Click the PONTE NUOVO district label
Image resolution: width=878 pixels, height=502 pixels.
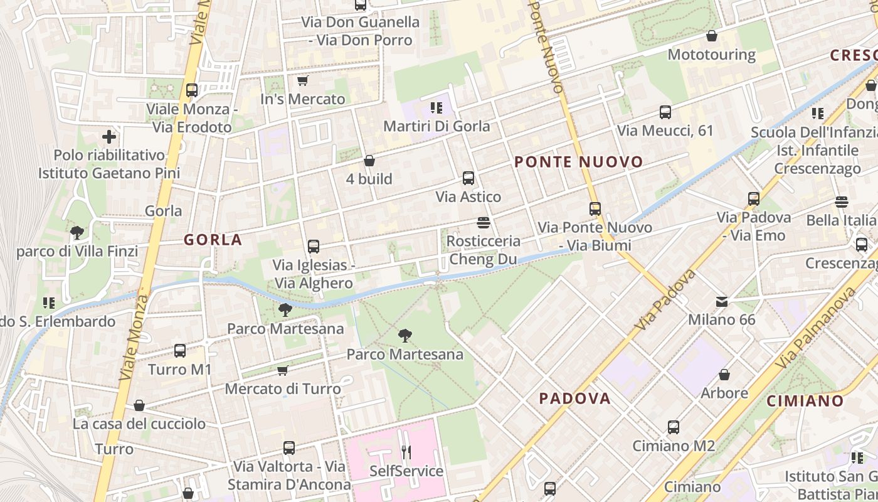[x=578, y=162]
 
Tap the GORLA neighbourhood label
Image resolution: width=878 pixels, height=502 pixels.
[x=213, y=240]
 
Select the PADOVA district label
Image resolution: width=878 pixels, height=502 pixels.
[x=574, y=398]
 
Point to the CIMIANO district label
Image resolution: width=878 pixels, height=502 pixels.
[x=805, y=401]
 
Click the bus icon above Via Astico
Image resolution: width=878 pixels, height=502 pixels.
[x=468, y=178]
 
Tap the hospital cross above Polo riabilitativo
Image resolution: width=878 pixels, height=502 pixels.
[x=109, y=136]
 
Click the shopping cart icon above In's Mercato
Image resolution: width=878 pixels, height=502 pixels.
[x=302, y=81]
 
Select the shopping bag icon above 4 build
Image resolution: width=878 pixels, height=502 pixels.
[x=369, y=161]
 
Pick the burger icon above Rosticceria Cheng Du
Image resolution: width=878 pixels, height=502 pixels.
[x=483, y=223]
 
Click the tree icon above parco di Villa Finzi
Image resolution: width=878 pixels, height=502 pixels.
[x=77, y=233]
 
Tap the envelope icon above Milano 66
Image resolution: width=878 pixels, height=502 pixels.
[x=722, y=302]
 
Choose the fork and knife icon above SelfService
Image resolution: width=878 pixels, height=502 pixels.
[x=406, y=452]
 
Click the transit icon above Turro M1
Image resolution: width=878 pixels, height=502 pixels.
[x=180, y=351]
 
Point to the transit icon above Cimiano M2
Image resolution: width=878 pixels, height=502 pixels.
[x=674, y=427]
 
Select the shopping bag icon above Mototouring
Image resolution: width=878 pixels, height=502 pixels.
[x=711, y=36]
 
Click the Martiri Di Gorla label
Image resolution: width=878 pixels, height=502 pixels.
[x=436, y=126]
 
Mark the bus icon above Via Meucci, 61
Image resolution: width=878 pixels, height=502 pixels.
[x=665, y=112]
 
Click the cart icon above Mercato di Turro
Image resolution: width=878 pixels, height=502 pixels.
[x=282, y=371]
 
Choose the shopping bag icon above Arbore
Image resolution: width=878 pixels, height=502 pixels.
[x=724, y=375]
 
